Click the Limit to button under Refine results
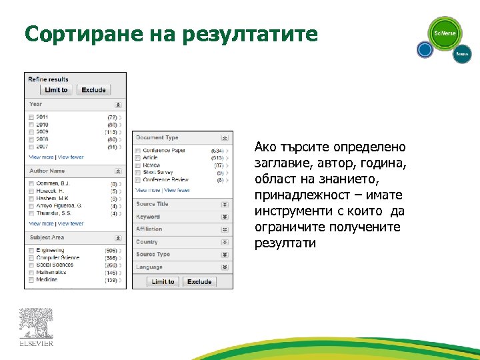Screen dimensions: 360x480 [x=56, y=90]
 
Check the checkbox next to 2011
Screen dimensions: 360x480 [x=31, y=117]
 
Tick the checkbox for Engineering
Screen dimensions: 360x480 [x=31, y=251]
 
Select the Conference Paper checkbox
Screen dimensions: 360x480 [x=138, y=151]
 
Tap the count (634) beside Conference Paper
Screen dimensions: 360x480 [x=217, y=151]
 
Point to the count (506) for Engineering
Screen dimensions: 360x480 [x=111, y=251]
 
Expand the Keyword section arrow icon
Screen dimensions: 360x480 [x=225, y=217]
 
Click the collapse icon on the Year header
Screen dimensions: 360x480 [x=118, y=105]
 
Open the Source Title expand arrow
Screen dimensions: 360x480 [x=225, y=205]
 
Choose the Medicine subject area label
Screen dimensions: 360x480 [x=47, y=279]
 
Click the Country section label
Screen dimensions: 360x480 [x=147, y=242]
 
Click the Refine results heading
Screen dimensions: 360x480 [x=48, y=79]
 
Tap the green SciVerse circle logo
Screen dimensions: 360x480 [x=444, y=33]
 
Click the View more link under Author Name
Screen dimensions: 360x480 [x=41, y=224]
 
